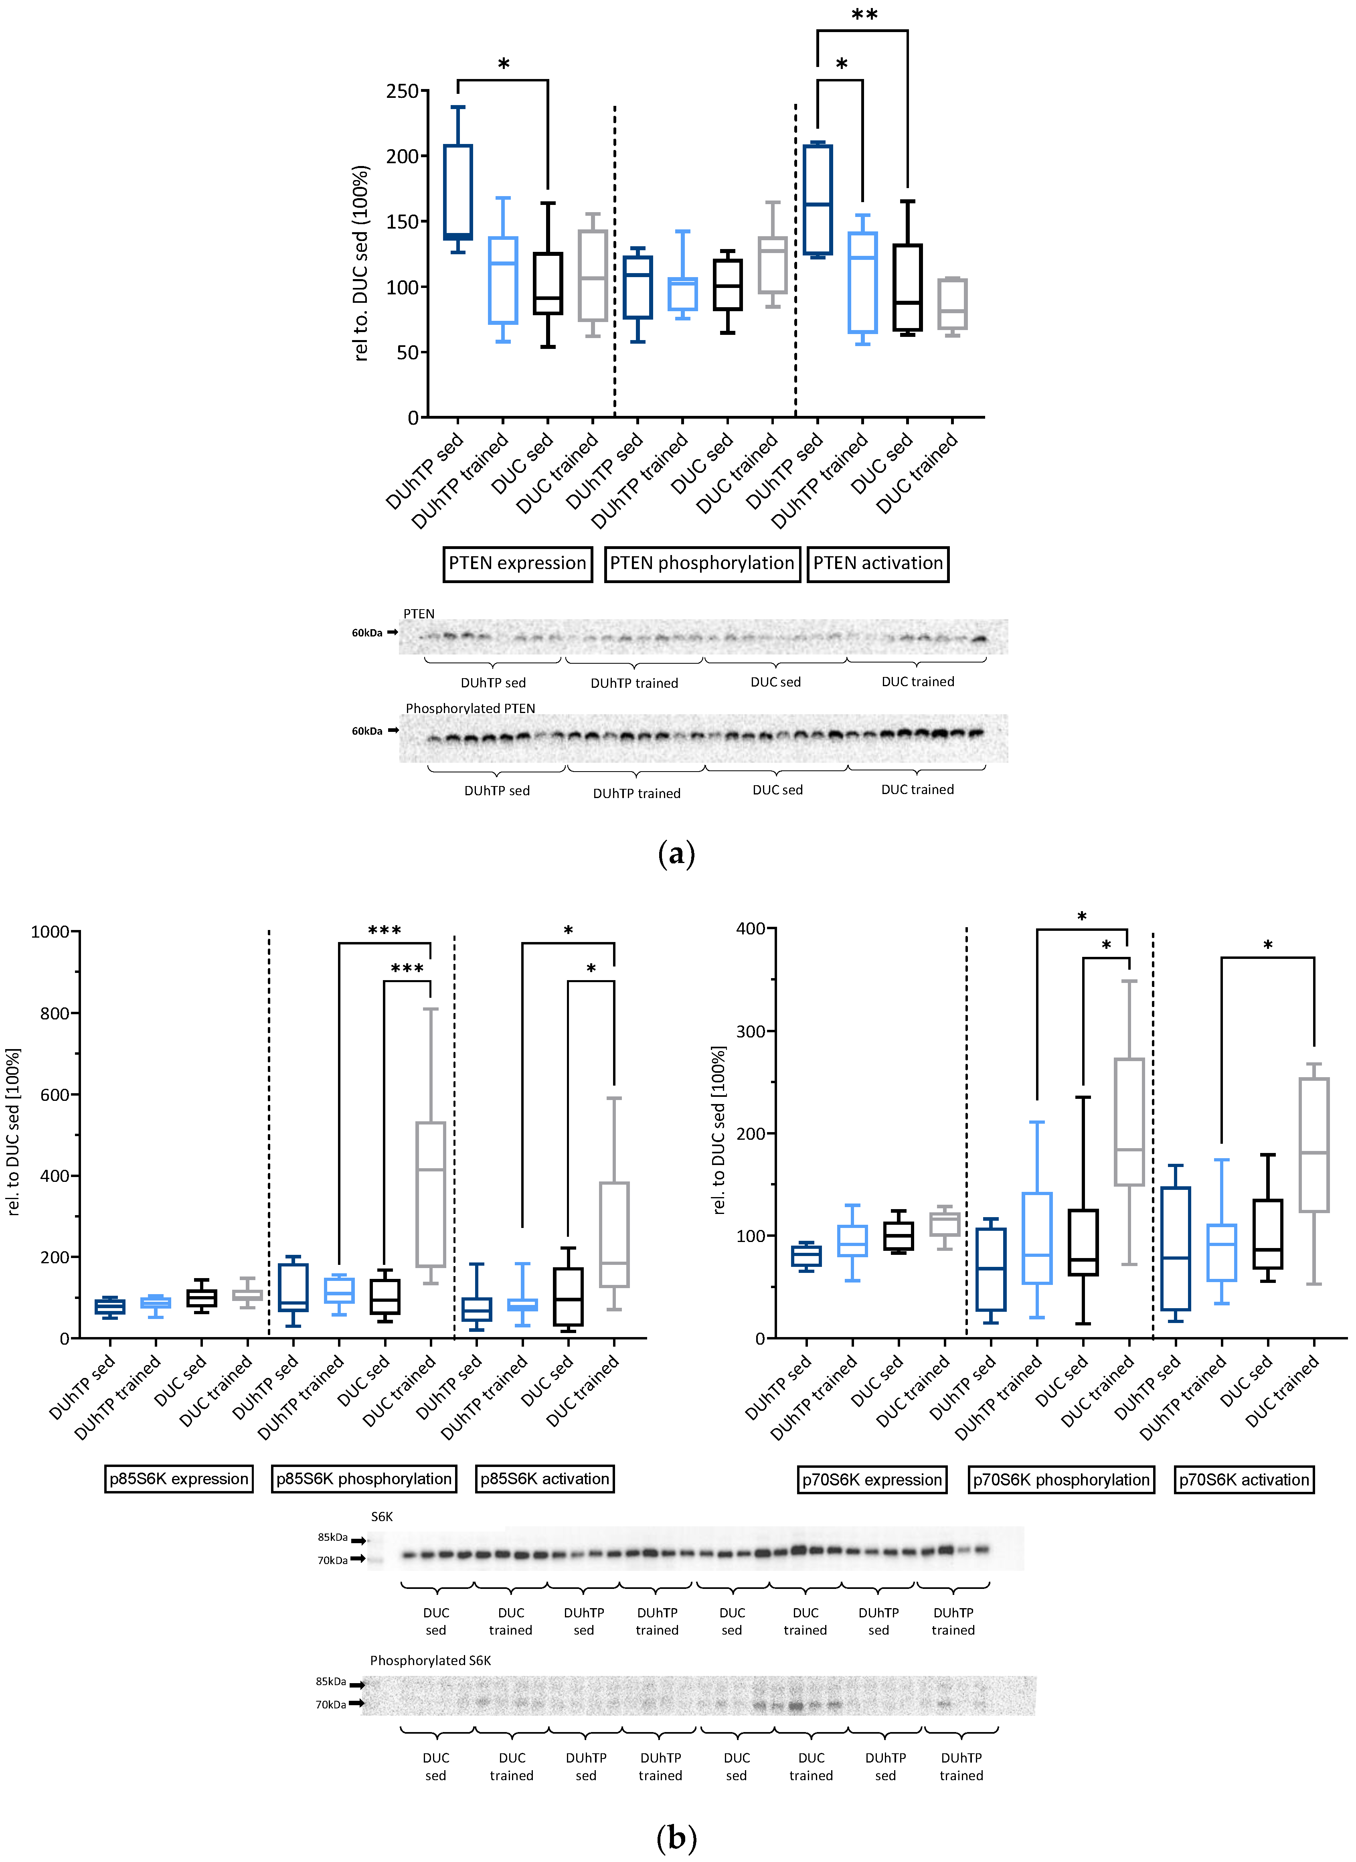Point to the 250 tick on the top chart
[402, 91]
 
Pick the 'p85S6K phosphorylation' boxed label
[364, 1479]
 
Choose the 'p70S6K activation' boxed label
[1244, 1479]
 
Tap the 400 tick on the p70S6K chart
[750, 928]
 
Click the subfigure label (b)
[676, 1838]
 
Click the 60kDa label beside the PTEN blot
[367, 633]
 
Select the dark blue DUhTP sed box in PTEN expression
[458, 192]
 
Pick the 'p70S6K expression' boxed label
[872, 1479]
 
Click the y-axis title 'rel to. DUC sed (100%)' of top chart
[361, 263]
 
